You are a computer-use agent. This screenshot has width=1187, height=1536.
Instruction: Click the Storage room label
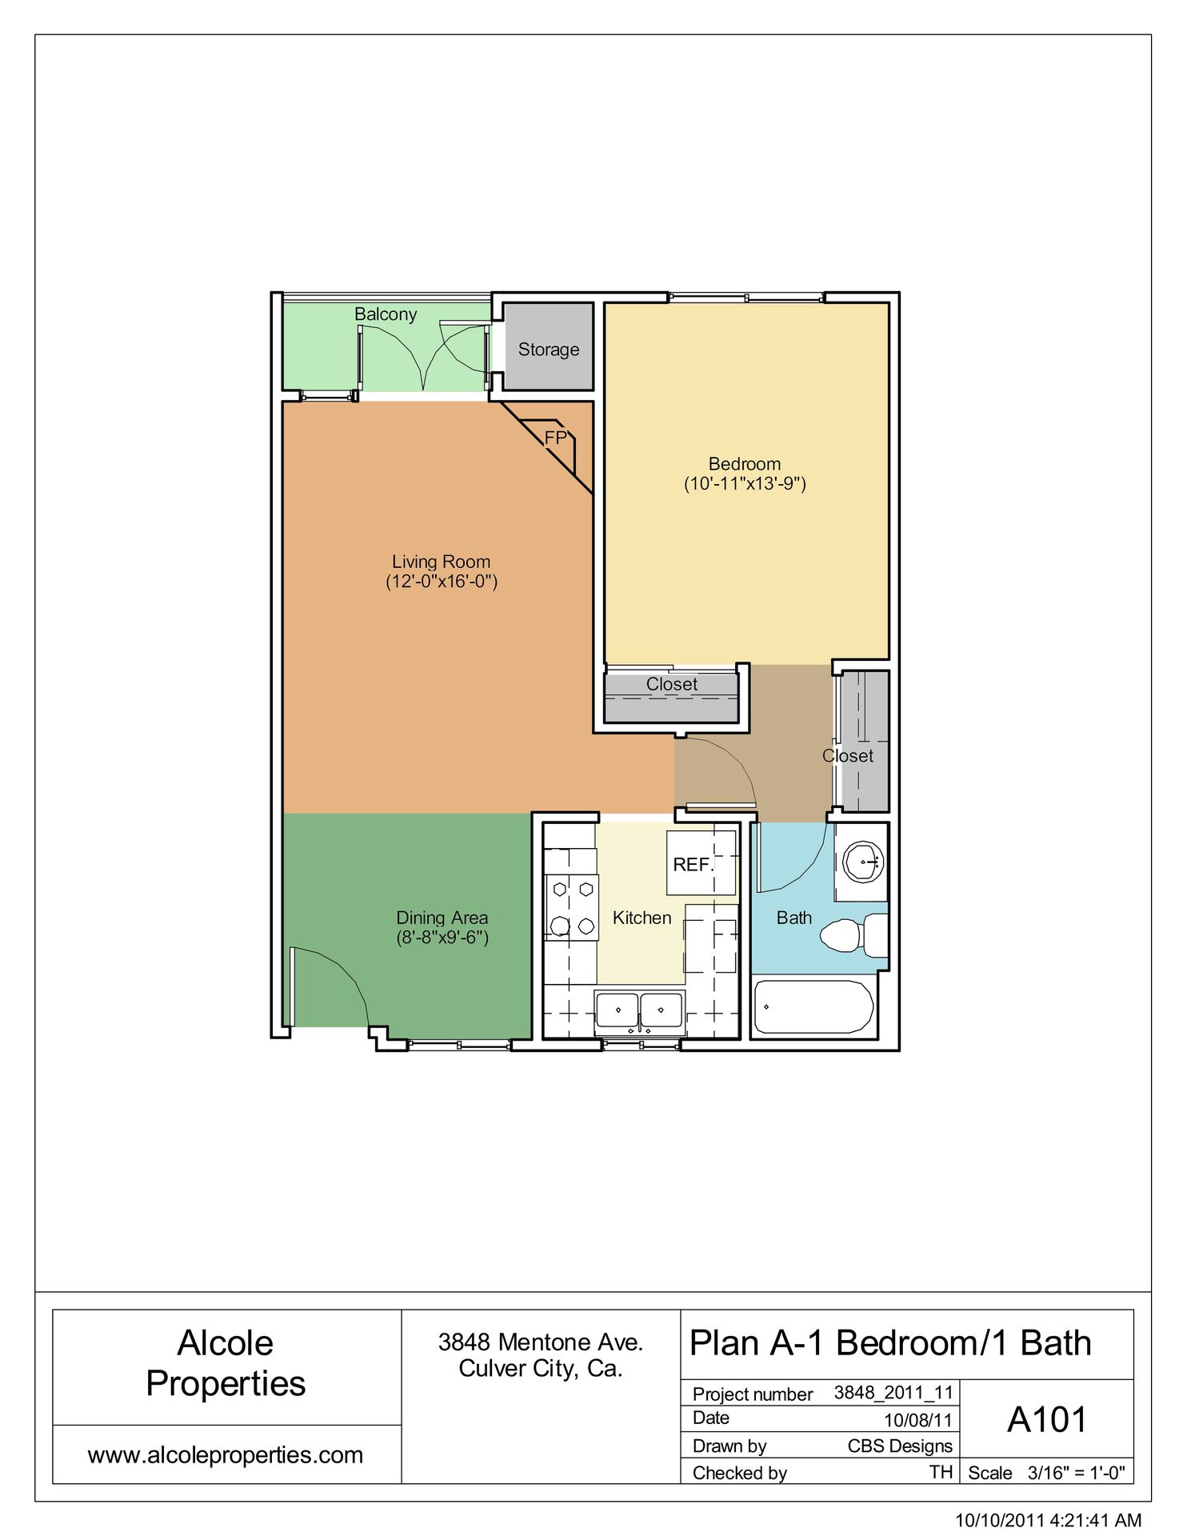(548, 350)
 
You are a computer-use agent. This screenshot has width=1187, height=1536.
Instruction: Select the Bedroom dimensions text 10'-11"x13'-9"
(745, 484)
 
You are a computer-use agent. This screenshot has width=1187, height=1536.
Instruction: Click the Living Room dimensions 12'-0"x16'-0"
(442, 582)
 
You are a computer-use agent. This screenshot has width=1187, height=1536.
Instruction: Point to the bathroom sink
(863, 862)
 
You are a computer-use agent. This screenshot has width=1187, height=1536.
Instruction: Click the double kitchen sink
(639, 1011)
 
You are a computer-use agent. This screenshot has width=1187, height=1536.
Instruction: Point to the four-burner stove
(572, 907)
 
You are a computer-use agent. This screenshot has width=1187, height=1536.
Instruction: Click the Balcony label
(386, 314)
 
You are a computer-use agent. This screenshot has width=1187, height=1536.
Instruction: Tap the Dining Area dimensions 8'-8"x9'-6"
(442, 938)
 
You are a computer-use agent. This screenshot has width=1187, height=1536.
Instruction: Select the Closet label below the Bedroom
(671, 685)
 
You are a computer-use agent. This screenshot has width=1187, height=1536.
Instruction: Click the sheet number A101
(1047, 1420)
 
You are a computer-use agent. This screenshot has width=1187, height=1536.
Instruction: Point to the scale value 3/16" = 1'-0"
(1076, 1473)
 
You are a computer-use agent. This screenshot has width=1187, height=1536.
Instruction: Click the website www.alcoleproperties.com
(226, 1454)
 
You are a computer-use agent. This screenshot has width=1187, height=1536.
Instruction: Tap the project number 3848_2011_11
(893, 1393)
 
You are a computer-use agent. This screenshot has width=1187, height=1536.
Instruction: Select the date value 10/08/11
(917, 1420)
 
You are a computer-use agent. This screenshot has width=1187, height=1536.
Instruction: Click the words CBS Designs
(900, 1446)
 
